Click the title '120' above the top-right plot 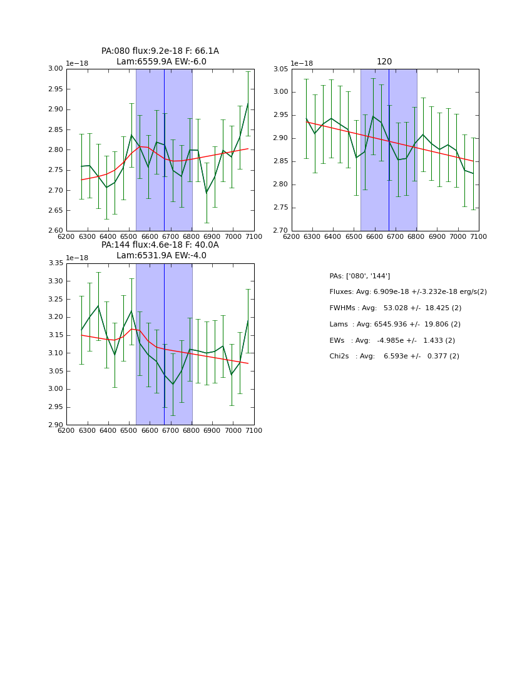(x=384, y=61)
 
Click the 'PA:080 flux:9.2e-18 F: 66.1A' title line (x=160, y=51)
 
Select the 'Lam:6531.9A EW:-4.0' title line (x=160, y=255)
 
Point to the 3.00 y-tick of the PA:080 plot (x=56, y=69)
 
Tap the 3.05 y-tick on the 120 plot (x=280, y=69)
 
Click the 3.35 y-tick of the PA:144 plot (x=56, y=263)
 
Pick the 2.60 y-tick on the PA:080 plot (x=56, y=231)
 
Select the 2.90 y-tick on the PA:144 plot (x=56, y=425)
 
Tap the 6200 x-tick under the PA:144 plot (x=66, y=431)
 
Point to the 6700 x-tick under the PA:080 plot (x=171, y=236)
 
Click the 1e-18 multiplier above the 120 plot (x=302, y=63)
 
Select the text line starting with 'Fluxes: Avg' (x=407, y=292)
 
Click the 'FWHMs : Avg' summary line (x=395, y=308)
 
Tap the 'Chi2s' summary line (x=394, y=357)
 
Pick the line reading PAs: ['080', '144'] (x=359, y=276)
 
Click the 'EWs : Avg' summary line (x=392, y=340)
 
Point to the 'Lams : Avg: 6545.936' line (x=394, y=325)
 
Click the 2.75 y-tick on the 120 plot (x=280, y=208)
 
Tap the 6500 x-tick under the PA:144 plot (x=129, y=431)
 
